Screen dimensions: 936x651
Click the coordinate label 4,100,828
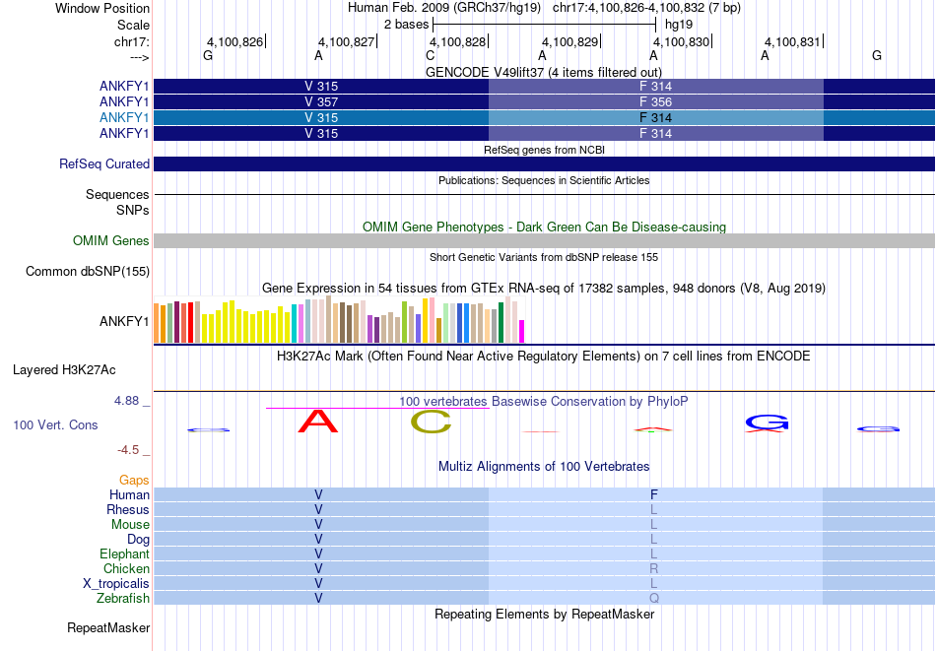click(457, 41)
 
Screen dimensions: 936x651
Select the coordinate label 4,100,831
click(792, 41)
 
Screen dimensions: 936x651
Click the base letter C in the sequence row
click(430, 55)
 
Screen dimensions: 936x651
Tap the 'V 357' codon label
click(321, 102)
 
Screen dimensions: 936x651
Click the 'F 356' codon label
click(655, 102)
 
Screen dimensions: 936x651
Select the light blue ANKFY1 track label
click(124, 117)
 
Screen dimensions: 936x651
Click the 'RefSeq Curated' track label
click(104, 164)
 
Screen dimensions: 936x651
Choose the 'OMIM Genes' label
click(111, 240)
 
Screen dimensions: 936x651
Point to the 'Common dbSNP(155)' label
click(88, 272)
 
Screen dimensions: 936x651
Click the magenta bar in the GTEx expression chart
click(521, 331)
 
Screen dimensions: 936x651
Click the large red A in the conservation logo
click(318, 421)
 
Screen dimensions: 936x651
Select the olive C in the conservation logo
click(431, 423)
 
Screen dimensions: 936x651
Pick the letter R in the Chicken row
click(654, 568)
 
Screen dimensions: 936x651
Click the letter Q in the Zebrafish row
click(654, 598)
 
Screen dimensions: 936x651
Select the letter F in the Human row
click(654, 494)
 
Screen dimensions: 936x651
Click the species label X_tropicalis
click(116, 584)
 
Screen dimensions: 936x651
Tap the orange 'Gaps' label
click(134, 480)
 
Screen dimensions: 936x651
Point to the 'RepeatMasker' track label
click(108, 627)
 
